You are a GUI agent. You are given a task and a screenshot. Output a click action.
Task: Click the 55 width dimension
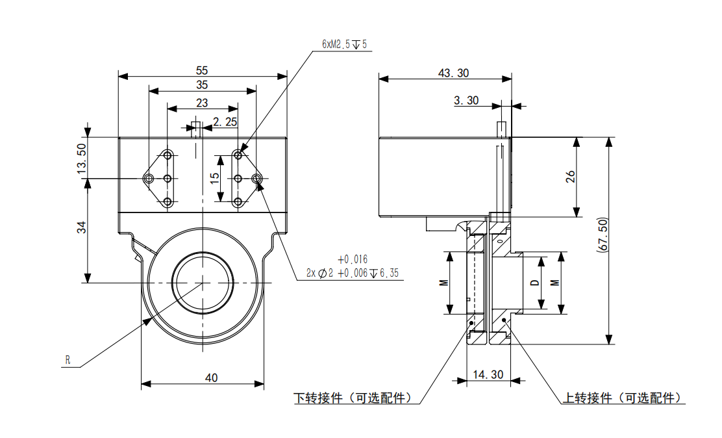point(202,69)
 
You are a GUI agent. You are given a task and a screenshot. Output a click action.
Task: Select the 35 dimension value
point(202,85)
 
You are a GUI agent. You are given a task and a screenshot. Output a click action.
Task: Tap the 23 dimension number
point(202,103)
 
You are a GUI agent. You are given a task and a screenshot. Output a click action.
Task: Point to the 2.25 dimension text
point(225,122)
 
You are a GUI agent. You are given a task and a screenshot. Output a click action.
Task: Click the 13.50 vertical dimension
point(82,157)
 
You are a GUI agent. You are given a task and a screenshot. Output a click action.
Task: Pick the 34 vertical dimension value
point(82,227)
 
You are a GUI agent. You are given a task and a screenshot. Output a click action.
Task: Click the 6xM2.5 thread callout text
point(345,44)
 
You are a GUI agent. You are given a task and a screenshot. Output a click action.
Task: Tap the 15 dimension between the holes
point(215,178)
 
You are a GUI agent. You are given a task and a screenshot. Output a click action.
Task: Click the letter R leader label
point(67,360)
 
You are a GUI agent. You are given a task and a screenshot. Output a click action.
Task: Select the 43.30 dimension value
point(453,73)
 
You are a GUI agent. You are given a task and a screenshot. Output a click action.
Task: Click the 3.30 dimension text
point(466,100)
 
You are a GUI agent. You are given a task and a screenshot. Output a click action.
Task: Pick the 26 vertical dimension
point(570,177)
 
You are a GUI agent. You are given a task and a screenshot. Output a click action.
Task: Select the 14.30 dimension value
point(488,374)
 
